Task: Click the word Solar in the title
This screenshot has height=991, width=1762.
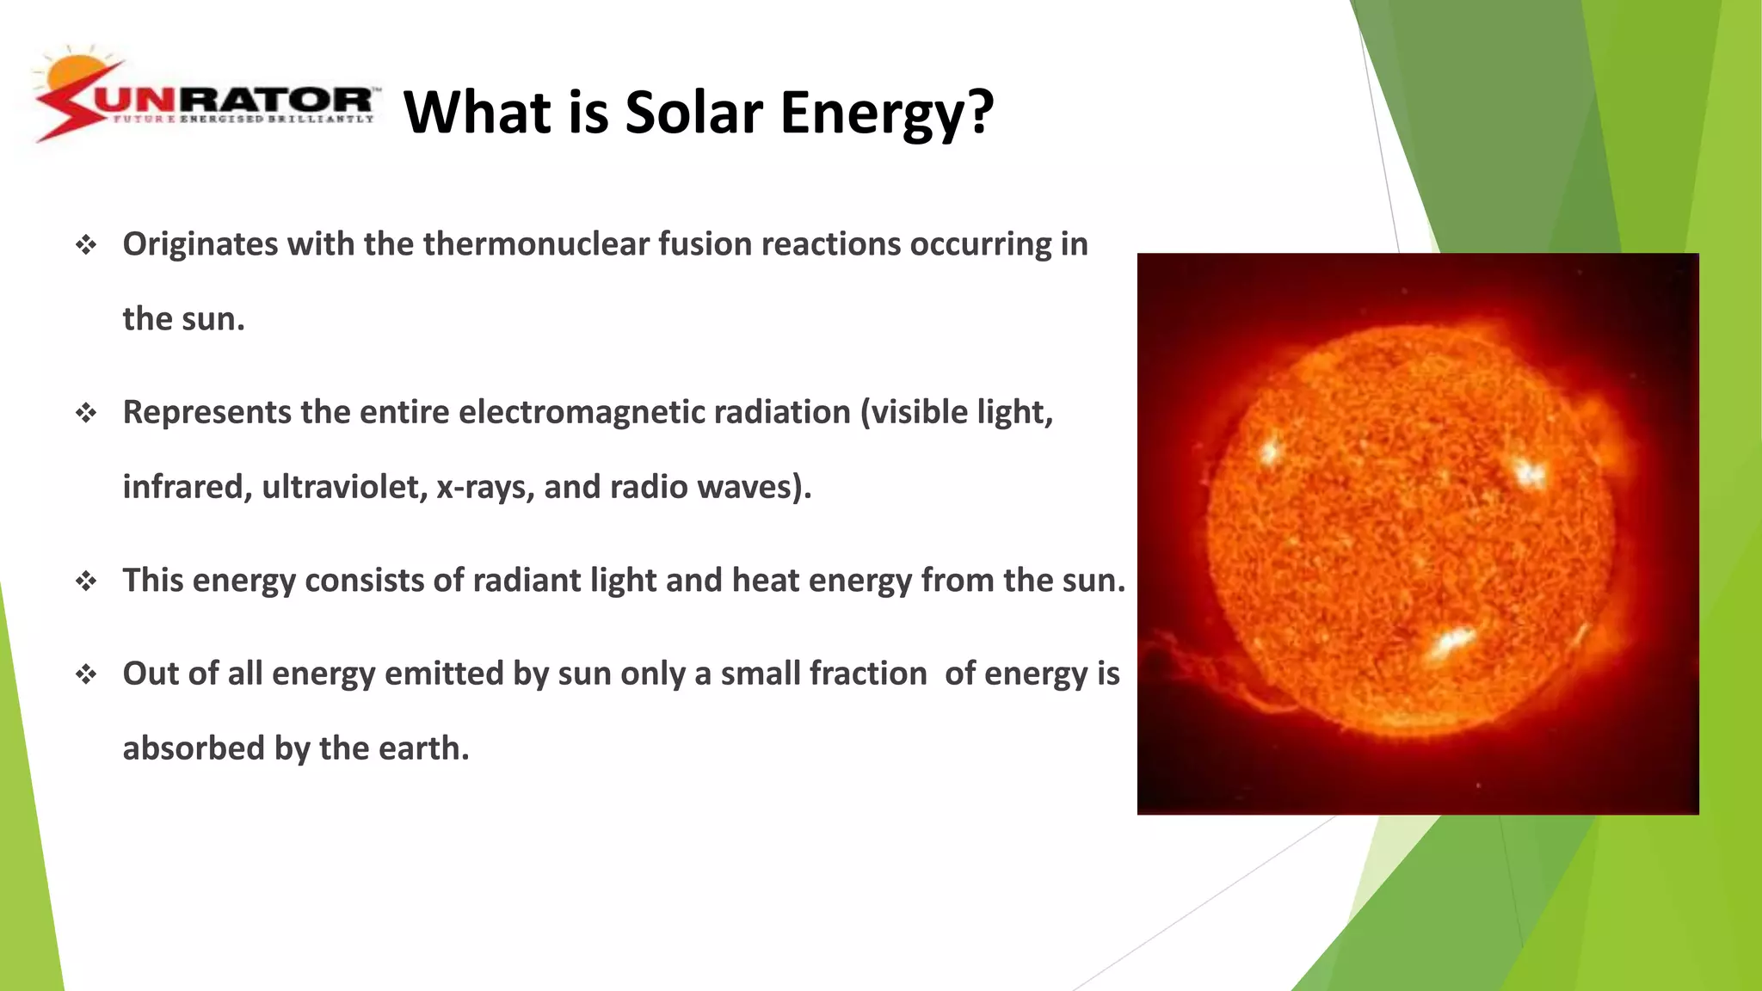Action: coord(693,113)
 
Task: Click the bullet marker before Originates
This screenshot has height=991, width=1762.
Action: coord(86,246)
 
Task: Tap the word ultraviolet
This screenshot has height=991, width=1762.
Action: coord(344,487)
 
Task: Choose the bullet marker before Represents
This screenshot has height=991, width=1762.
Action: coord(86,414)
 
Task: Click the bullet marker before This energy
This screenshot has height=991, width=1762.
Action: coord(86,582)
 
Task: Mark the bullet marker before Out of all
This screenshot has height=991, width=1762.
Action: coord(86,674)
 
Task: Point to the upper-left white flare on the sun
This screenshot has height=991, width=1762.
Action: coord(1270,450)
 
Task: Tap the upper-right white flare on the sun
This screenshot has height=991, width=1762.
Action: coord(1528,471)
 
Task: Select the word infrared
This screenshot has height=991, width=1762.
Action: coord(187,487)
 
